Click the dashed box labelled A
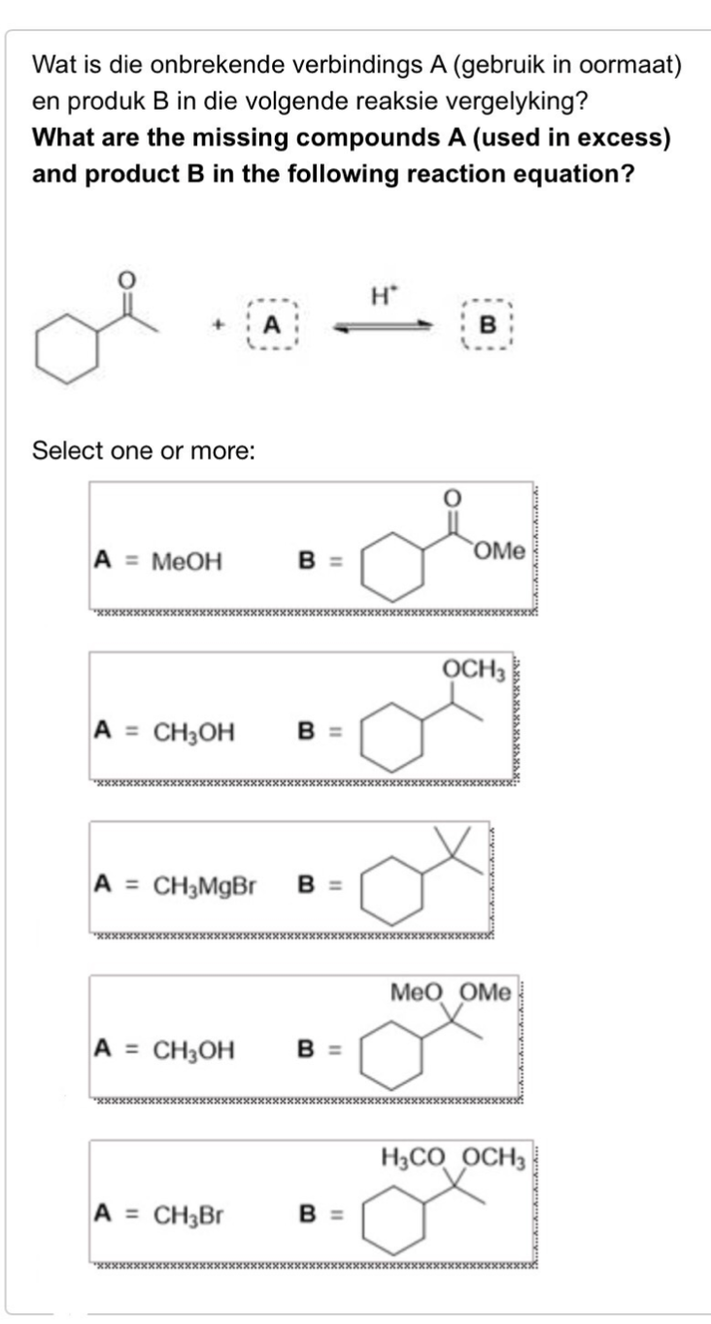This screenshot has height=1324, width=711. coord(275,325)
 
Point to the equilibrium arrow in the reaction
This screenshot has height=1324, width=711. coord(382,327)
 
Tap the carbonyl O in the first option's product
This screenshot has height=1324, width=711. coord(450,496)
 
